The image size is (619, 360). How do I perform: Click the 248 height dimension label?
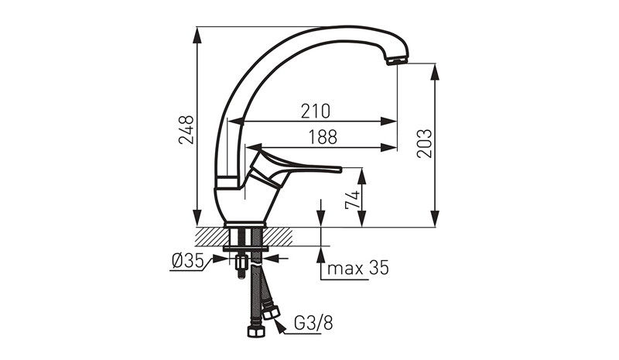click(186, 129)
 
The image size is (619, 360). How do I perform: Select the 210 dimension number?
click(316, 111)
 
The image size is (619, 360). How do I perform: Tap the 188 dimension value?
click(323, 137)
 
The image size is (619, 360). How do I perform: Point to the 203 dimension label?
click(425, 143)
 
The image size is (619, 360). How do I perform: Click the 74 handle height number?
click(353, 200)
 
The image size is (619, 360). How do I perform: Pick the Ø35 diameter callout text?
click(187, 261)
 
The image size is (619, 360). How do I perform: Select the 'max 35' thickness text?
click(358, 268)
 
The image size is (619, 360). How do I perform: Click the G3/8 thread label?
click(314, 324)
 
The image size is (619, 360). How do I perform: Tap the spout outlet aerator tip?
click(397, 61)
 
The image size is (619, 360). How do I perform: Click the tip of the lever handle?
click(340, 169)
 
